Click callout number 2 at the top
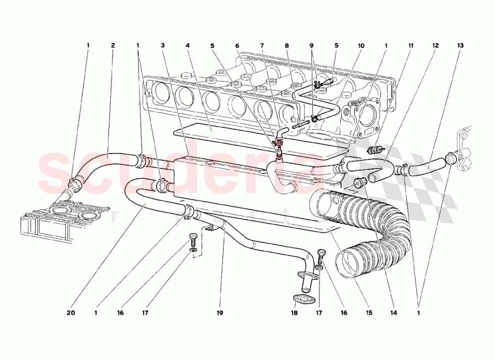point(113,46)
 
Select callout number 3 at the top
point(162,46)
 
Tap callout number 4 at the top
point(188,46)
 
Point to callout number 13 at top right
point(460,46)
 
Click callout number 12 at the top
point(436,46)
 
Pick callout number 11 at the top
point(411,46)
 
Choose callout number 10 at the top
point(361,46)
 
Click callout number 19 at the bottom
point(220,313)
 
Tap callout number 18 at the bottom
point(295,313)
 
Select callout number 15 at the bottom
point(369,313)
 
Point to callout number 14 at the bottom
point(394,313)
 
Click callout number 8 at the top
point(287,46)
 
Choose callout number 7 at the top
point(262,46)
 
